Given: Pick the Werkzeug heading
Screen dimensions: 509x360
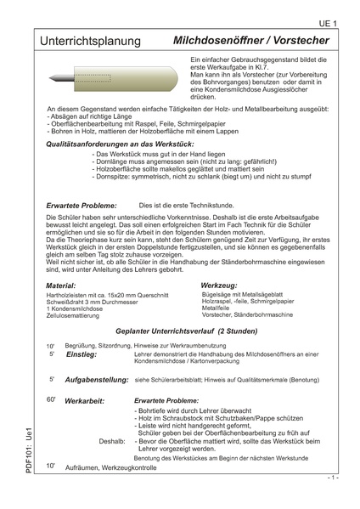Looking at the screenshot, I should [x=218, y=286].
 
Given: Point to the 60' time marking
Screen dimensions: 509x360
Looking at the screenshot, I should [x=52, y=399].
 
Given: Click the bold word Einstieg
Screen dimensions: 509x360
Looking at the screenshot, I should [x=82, y=354].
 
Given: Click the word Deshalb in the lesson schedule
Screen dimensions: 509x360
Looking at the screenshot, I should [x=111, y=442].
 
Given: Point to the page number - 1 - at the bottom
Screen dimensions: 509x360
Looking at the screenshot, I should [x=333, y=478].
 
